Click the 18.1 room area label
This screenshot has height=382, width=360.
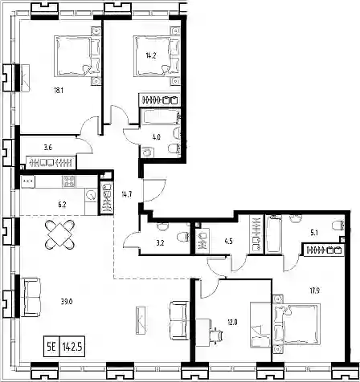[x=59, y=91]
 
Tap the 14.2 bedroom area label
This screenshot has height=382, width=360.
[x=151, y=56]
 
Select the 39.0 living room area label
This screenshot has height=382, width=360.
[x=67, y=302]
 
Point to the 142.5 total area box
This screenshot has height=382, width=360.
[x=72, y=347]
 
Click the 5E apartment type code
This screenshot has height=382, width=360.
[x=51, y=347]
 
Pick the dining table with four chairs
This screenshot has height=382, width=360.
[x=59, y=234]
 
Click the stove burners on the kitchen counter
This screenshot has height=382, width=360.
[x=69, y=181]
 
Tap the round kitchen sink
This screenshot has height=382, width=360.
[x=92, y=194]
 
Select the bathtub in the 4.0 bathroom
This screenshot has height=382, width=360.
[x=160, y=116]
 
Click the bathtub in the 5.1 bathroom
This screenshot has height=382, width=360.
[x=274, y=234]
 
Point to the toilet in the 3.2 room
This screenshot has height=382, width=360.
[x=183, y=237]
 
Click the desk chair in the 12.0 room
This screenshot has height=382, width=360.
[x=217, y=335]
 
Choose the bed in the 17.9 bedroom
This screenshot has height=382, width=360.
[x=297, y=324]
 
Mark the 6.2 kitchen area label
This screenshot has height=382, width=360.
[x=62, y=205]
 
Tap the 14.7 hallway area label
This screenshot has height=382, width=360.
[x=127, y=194]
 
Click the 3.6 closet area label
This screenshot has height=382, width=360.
[x=47, y=148]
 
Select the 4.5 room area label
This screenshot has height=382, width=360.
[x=228, y=242]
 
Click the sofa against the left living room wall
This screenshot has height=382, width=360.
[x=31, y=297]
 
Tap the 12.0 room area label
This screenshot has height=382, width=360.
[x=232, y=323]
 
